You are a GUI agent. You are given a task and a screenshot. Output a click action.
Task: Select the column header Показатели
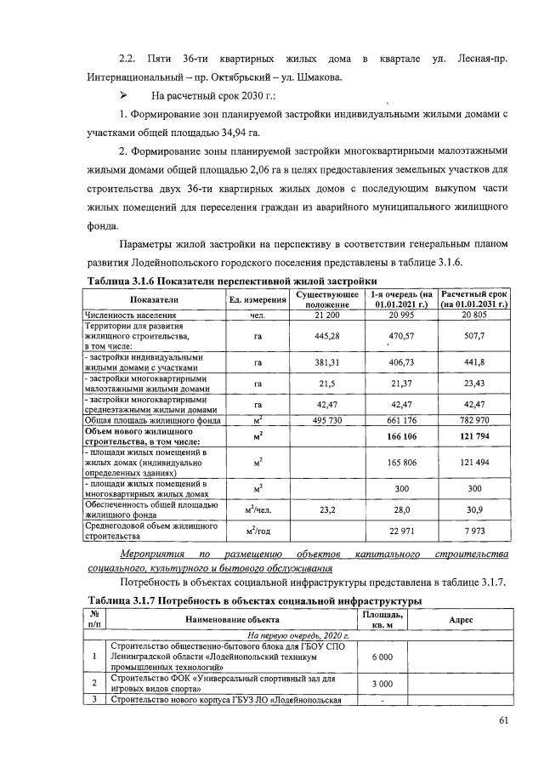coord(154,299)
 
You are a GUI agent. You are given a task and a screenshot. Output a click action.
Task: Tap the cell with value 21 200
coord(321,315)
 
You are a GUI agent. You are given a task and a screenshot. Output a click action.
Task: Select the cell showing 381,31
coord(321,362)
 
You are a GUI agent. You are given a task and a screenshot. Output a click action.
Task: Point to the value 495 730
coord(321,421)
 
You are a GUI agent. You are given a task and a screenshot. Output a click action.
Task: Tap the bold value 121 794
coord(473,436)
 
